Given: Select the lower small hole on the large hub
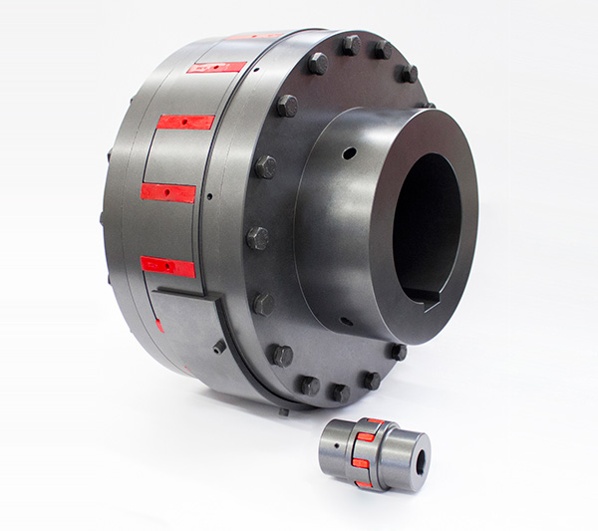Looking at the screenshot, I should coord(344,321).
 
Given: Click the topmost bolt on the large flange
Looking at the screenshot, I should coord(350,44).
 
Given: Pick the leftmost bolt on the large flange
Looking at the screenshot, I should coord(257,238).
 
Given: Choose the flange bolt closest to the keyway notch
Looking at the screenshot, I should coord(398,351).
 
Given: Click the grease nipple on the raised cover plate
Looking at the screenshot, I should coord(219,346).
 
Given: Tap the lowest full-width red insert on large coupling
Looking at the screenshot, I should coord(167,266).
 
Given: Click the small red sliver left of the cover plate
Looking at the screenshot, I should coord(159,325).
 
